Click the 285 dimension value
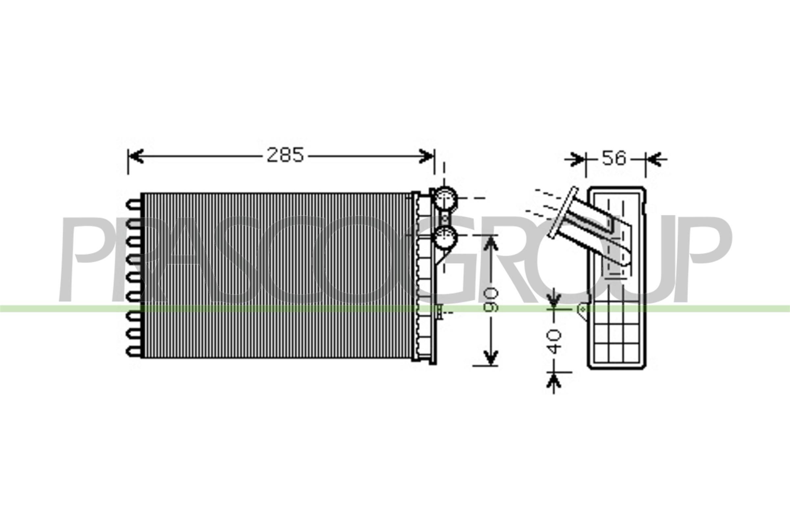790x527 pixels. (x=285, y=155)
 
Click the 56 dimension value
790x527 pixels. (x=614, y=158)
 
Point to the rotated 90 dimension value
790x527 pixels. (x=491, y=299)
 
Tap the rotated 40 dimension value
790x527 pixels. (x=554, y=342)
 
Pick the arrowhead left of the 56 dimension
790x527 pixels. (x=577, y=159)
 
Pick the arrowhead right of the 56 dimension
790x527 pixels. (x=653, y=159)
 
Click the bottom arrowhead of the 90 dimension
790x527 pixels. (x=491, y=357)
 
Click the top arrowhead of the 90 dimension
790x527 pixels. (x=491, y=244)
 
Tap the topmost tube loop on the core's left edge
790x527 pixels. (x=134, y=204)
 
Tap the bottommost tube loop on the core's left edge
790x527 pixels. (x=134, y=352)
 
